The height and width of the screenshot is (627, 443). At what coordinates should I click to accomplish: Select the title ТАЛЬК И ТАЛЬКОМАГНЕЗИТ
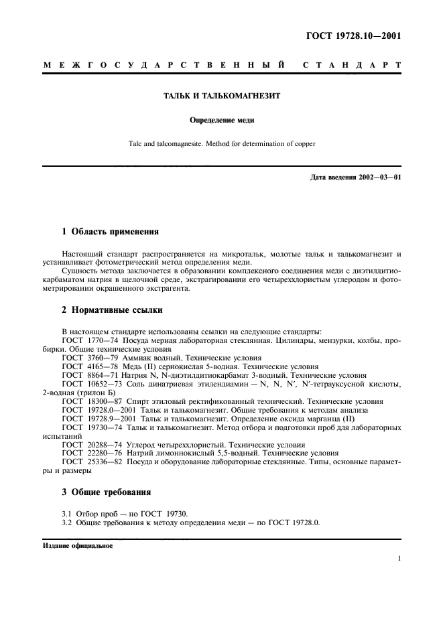[x=222, y=96]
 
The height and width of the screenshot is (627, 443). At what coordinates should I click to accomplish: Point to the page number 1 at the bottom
[x=399, y=557]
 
